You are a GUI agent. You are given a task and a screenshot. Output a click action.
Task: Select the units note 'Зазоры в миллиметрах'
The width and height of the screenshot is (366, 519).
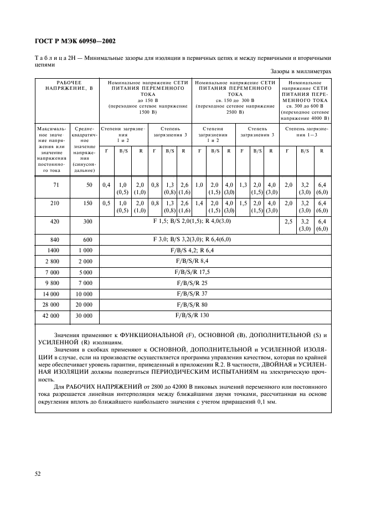pyautogui.click(x=301, y=71)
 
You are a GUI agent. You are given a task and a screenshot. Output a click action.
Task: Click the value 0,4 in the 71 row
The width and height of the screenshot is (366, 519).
pyautogui.click(x=106, y=185)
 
